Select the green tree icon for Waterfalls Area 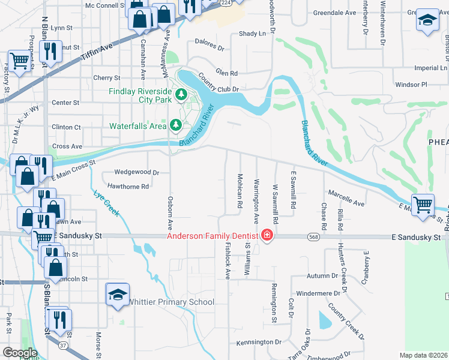point(176,125)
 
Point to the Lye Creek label point(107,204)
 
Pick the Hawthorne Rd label point(127,187)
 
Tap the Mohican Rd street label point(240,191)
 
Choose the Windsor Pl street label point(411,85)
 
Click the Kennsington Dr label point(259,342)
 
